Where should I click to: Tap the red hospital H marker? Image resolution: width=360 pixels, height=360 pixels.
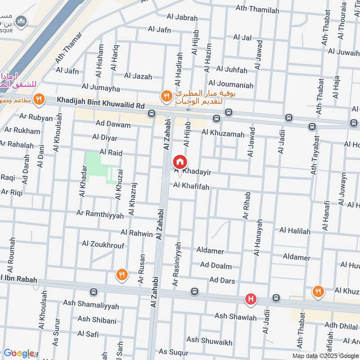(251, 299)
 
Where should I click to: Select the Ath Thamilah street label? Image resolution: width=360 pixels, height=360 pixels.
(257, 10)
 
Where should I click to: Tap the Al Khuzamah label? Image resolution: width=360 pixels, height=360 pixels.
(223, 133)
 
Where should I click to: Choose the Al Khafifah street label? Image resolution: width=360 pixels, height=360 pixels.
(191, 186)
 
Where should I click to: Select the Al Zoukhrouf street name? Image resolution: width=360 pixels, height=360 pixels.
(103, 244)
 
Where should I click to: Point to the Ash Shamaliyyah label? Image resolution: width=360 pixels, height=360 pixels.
(91, 306)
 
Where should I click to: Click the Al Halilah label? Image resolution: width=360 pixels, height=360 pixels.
(295, 231)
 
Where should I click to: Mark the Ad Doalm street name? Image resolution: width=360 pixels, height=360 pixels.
(216, 266)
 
